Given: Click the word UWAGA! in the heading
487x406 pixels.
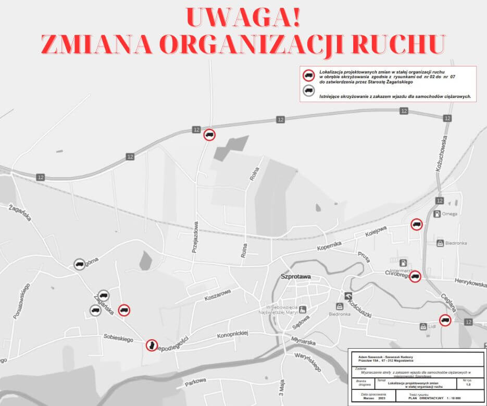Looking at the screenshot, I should pyautogui.click(x=243, y=18).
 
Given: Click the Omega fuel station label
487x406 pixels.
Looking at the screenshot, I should pyautogui.click(x=448, y=214).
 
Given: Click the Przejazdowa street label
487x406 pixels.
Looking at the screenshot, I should pyautogui.click(x=195, y=237).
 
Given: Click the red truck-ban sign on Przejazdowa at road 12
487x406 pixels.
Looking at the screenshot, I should pyautogui.click(x=209, y=135).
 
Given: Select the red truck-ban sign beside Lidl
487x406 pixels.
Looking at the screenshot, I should pyautogui.click(x=445, y=321).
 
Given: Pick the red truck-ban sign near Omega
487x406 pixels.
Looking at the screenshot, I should pyautogui.click(x=416, y=224).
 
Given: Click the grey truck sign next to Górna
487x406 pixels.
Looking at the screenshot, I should pyautogui.click(x=79, y=264).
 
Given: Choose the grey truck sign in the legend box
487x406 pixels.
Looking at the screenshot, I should pyautogui.click(x=308, y=91).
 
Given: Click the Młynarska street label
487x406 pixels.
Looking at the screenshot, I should pyautogui.click(x=304, y=341).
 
